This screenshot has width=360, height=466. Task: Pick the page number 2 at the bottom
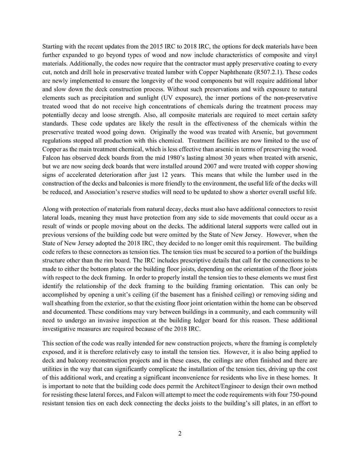(x=180, y=434)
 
